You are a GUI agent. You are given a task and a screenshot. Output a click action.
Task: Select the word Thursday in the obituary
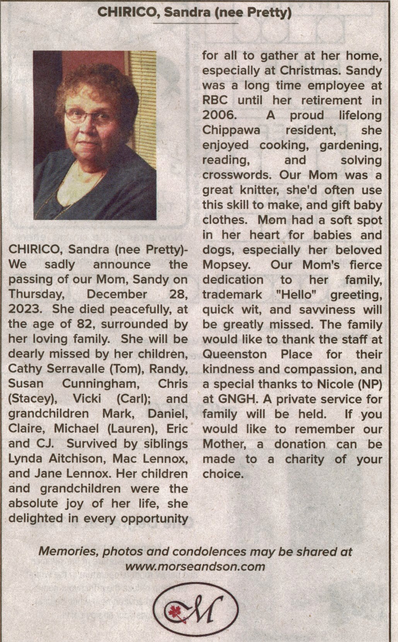[x=36, y=294]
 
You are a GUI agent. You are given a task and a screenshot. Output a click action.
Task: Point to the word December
[x=117, y=294]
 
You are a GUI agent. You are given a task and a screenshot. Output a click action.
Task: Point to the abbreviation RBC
[x=215, y=101]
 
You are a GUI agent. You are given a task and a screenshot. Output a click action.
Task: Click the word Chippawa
[x=231, y=131]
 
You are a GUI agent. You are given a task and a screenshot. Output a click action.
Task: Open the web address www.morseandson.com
[x=195, y=567]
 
